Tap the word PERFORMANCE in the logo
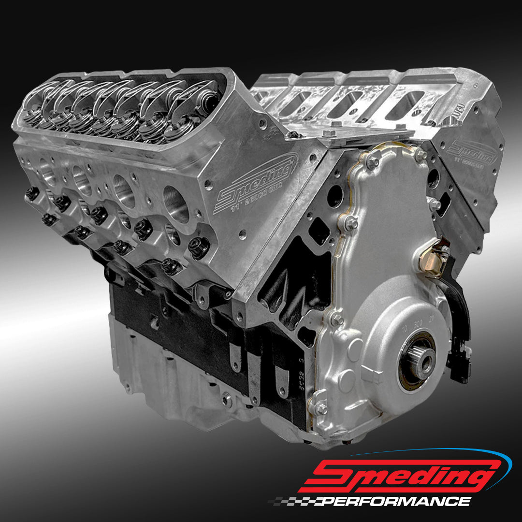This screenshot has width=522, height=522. tap(396, 501)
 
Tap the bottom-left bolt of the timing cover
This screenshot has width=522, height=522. tap(319, 408)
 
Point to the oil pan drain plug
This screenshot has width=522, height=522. tap(226, 399)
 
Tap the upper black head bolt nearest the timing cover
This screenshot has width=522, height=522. tap(198, 246)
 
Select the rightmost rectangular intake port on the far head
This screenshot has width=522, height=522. tap(408, 101)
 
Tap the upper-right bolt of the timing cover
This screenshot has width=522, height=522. tap(420, 155)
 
